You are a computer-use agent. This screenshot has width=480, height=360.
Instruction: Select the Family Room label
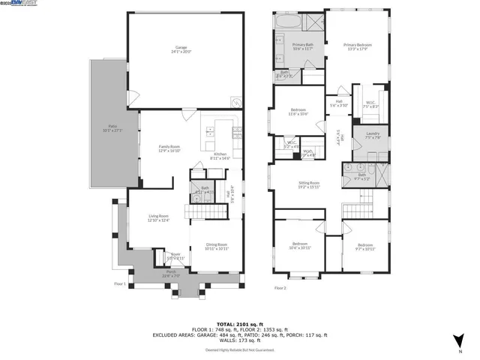click(169, 148)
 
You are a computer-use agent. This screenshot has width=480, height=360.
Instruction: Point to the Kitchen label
click(220, 156)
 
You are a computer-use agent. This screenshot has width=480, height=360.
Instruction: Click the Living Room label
click(157, 218)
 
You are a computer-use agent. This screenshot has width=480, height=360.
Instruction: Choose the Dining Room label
click(216, 246)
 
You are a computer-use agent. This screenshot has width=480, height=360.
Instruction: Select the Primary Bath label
click(303, 47)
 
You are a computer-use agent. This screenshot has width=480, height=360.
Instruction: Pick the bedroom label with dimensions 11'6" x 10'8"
click(298, 112)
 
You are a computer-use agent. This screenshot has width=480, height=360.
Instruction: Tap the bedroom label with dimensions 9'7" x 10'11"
click(364, 247)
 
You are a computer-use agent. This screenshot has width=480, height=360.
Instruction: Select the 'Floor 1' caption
click(120, 284)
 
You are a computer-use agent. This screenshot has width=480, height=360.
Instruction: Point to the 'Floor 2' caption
click(280, 288)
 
